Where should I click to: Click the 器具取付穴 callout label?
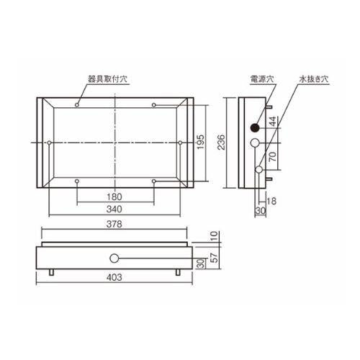tap(107, 79)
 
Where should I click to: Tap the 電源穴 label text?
tap(262, 79)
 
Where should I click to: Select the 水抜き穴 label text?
tap(313, 79)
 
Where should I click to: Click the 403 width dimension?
tap(114, 277)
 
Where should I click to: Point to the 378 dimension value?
tap(114, 224)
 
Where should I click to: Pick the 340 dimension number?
tap(114, 209)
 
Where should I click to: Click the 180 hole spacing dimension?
tap(114, 197)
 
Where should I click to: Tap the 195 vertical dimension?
tap(200, 142)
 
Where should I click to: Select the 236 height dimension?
tap(221, 143)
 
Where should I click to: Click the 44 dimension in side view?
tap(273, 122)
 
